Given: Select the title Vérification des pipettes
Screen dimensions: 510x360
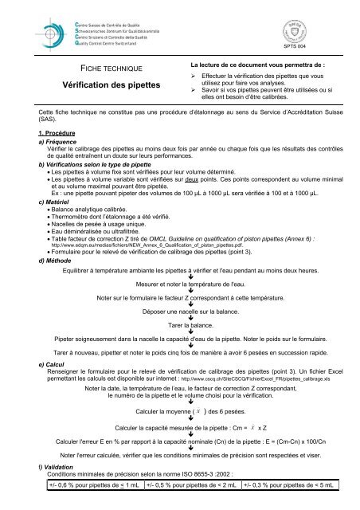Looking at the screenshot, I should coord(106,83).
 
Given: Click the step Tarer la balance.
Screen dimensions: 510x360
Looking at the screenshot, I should coord(179,327).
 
